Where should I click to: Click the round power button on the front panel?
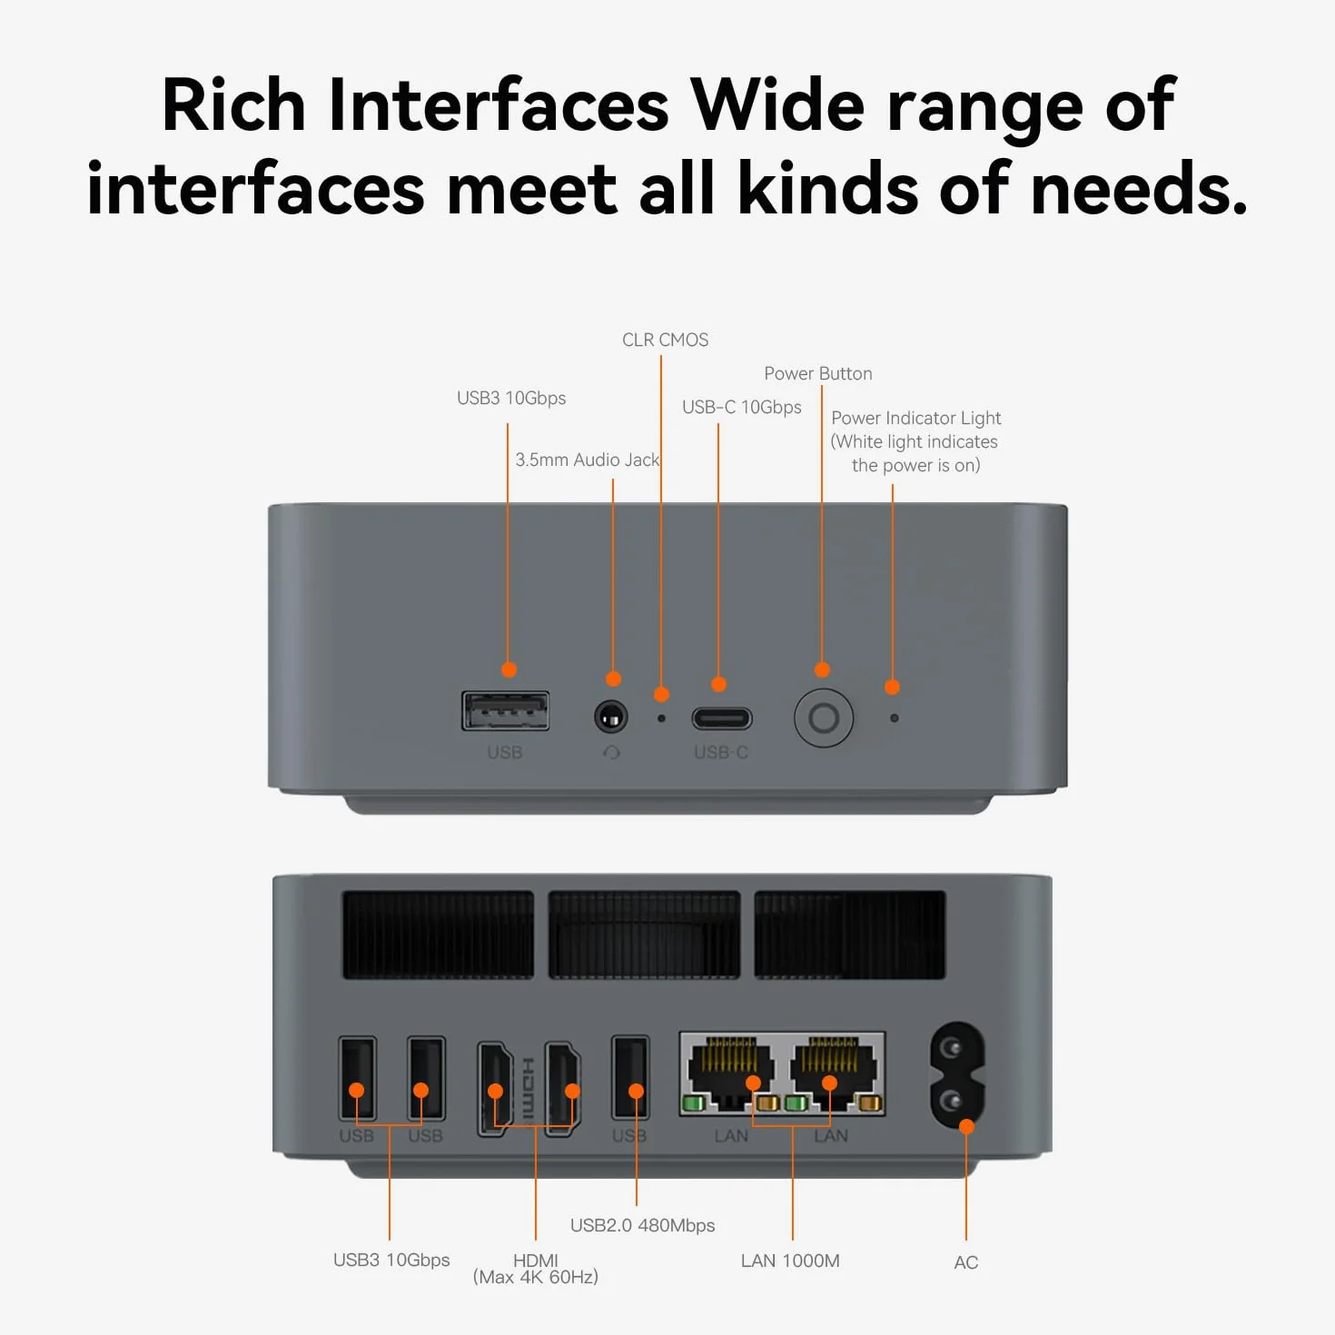(823, 717)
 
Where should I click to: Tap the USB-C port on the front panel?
(721, 718)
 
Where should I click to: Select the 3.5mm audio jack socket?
(611, 717)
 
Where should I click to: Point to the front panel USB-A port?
(506, 711)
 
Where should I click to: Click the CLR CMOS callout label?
(665, 340)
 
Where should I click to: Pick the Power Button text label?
(818, 373)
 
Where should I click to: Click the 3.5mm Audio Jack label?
(588, 460)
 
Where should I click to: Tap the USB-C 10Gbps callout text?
(742, 407)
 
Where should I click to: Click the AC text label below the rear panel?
(965, 1262)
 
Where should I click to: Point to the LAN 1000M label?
(790, 1261)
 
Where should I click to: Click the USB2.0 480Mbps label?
(642, 1225)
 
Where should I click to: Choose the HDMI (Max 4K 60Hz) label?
(536, 1269)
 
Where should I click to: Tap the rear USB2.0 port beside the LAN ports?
(630, 1077)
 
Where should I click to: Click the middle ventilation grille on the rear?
(644, 934)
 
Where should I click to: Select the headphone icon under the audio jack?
(611, 752)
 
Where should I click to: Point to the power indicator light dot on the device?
(894, 718)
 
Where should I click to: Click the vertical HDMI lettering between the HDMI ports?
(528, 1088)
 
